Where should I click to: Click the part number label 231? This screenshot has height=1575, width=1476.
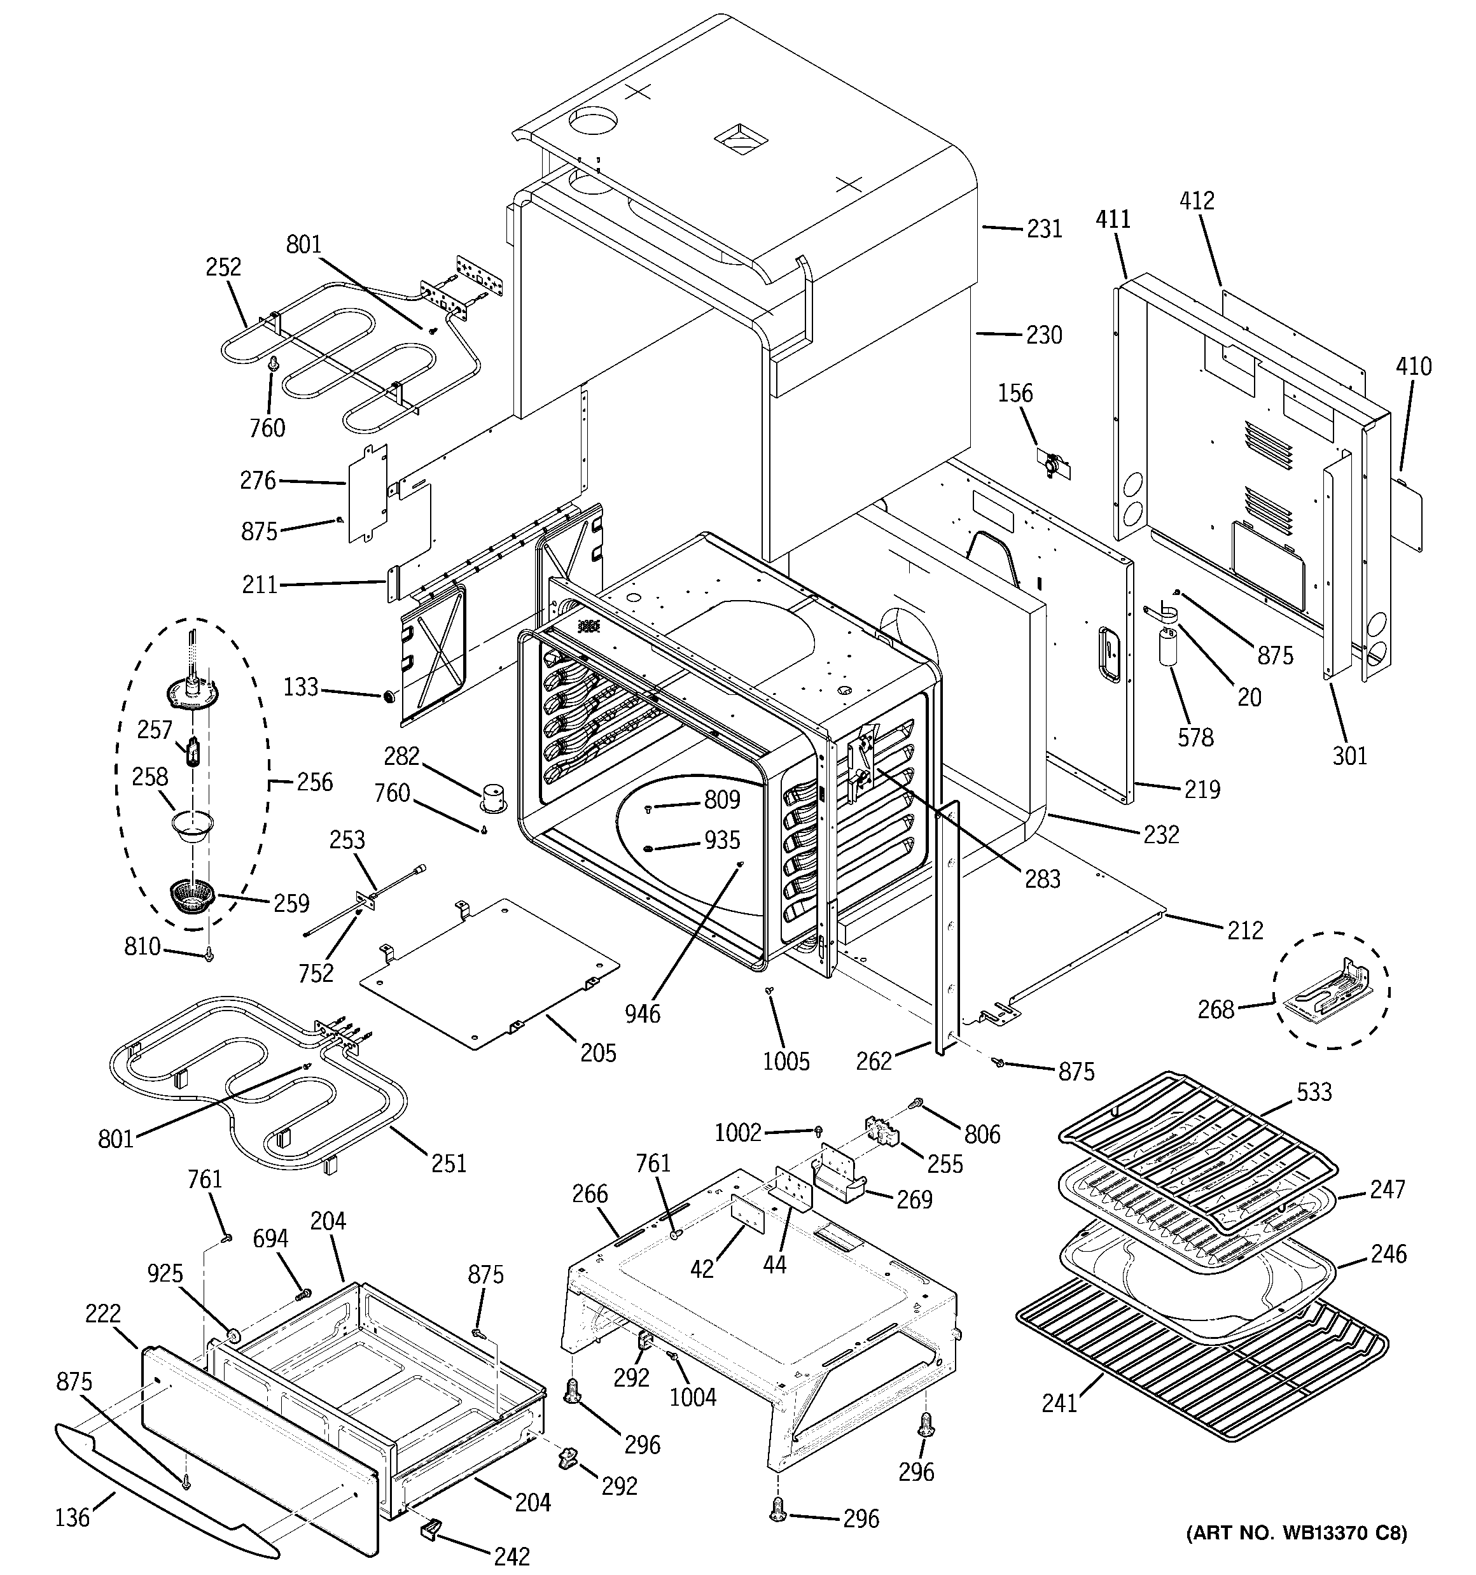(1043, 229)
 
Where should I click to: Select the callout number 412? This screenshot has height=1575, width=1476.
(1195, 200)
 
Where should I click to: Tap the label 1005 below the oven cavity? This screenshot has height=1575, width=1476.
(786, 1061)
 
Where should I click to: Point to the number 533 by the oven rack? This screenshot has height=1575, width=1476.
(1314, 1093)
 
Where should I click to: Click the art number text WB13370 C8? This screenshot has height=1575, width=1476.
(1295, 1555)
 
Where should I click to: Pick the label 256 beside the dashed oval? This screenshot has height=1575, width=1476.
(314, 782)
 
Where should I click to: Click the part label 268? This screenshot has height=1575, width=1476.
(1215, 1009)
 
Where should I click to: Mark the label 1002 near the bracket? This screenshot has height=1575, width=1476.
(737, 1133)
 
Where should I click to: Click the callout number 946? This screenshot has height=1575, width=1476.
(642, 1012)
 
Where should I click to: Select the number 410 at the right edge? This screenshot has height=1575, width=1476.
(1414, 366)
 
